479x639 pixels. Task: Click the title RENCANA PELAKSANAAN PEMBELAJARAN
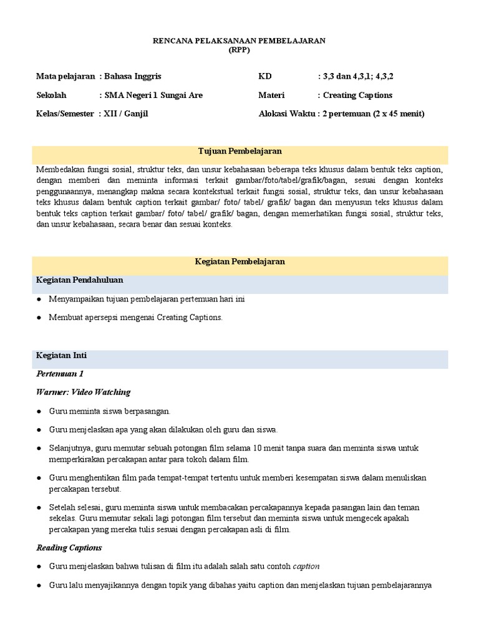pyautogui.click(x=239, y=41)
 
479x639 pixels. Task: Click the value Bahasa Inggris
pyautogui.click(x=133, y=76)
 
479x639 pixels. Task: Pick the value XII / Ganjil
pyautogui.click(x=127, y=114)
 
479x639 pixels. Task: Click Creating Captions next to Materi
pyautogui.click(x=357, y=95)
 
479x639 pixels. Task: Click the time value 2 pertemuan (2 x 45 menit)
pyautogui.click(x=373, y=114)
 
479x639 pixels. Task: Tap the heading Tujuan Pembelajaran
pyautogui.click(x=239, y=152)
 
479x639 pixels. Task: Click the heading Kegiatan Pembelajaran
pyautogui.click(x=239, y=261)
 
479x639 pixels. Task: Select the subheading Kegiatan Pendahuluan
pyautogui.click(x=79, y=280)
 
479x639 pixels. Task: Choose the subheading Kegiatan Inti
pyautogui.click(x=61, y=356)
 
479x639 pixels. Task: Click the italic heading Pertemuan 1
pyautogui.click(x=60, y=374)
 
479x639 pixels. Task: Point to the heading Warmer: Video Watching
pyautogui.click(x=84, y=392)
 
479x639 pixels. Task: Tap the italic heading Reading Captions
pyautogui.click(x=69, y=548)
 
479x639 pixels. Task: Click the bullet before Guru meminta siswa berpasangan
pyautogui.click(x=39, y=411)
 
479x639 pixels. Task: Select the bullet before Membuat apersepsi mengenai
pyautogui.click(x=39, y=318)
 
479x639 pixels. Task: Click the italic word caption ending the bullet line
pyautogui.click(x=306, y=567)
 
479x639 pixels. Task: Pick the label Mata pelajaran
pyautogui.click(x=65, y=76)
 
